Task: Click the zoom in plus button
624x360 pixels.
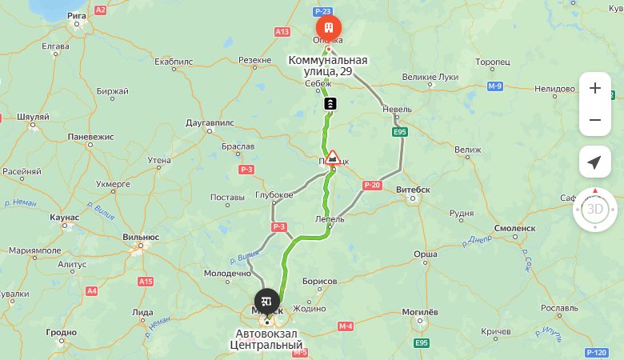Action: tap(594, 89)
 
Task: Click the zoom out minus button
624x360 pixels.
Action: tap(594, 120)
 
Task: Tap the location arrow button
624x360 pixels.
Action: tap(594, 162)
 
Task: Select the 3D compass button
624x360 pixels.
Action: tap(594, 210)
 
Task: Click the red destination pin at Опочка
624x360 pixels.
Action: tap(328, 27)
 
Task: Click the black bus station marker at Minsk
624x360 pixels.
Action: tap(267, 302)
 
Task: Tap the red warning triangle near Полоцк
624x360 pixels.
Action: tap(333, 156)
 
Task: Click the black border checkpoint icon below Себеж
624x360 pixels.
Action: tap(330, 104)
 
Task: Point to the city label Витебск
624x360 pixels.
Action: tap(414, 190)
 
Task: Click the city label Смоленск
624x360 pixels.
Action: tap(514, 228)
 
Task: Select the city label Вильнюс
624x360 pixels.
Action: tap(141, 237)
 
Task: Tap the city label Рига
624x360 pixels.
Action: tap(77, 15)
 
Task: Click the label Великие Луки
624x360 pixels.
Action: tap(430, 77)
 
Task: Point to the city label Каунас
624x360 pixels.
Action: tap(64, 218)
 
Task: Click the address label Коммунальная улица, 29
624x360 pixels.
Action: tap(328, 66)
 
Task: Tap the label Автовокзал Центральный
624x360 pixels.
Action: tap(269, 339)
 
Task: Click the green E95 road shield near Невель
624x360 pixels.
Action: tap(400, 131)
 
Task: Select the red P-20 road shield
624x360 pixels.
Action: tap(372, 186)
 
